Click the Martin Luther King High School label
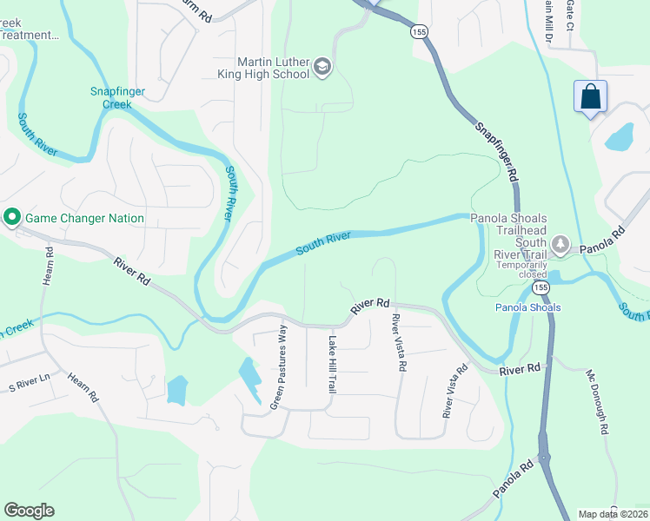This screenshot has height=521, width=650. click(x=273, y=68)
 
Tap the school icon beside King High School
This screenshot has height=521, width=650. click(x=322, y=68)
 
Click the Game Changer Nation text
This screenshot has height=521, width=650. click(x=84, y=217)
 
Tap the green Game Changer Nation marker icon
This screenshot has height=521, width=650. click(x=12, y=217)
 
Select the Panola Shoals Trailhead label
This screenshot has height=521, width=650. click(x=508, y=223)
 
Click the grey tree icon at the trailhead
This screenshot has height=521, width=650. click(x=560, y=246)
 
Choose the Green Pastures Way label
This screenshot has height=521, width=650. click(x=279, y=367)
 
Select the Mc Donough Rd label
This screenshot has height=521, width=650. click(x=595, y=402)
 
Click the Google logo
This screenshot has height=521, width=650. click(x=29, y=511)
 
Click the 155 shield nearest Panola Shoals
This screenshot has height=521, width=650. click(x=541, y=287)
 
